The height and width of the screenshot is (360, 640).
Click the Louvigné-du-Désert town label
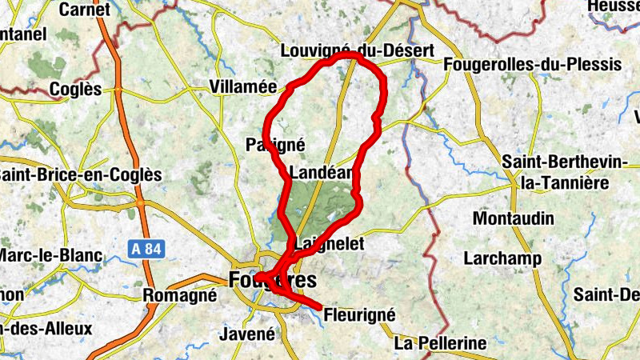(357, 51)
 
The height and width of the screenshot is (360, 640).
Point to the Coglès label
(75, 89)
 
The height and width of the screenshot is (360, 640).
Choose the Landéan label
(322, 173)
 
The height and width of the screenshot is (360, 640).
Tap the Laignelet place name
(330, 242)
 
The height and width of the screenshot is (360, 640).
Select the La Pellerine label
(441, 343)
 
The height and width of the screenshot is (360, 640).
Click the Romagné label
(179, 295)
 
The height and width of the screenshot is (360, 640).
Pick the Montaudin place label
(513, 218)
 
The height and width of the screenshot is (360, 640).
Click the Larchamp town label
(502, 258)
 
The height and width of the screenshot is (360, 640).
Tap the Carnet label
(84, 9)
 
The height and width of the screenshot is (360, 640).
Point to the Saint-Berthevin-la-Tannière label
(565, 173)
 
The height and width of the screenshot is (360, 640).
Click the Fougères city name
(271, 280)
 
